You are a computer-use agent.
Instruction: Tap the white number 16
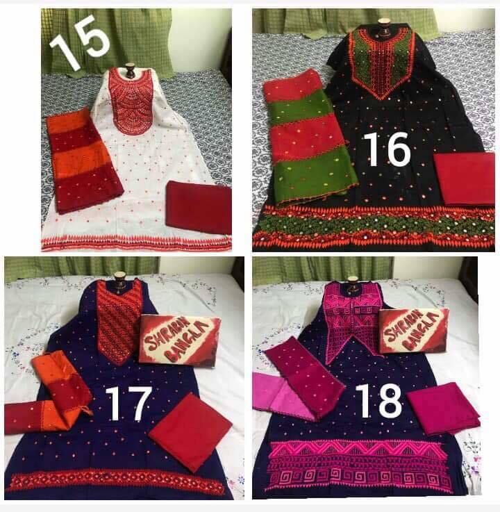tap(387, 149)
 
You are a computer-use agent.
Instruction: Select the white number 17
tap(129, 403)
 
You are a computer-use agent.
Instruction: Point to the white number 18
tap(378, 400)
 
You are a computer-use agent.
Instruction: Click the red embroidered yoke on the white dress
tap(131, 101)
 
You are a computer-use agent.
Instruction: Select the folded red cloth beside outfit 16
tap(465, 179)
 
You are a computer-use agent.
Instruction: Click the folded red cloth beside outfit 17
tap(190, 431)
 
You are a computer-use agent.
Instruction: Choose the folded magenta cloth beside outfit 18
tap(443, 408)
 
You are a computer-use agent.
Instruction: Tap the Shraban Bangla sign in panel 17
tap(180, 340)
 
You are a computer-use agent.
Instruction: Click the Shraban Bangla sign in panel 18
tap(413, 331)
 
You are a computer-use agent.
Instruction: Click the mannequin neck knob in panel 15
tap(131, 71)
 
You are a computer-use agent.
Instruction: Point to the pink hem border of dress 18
tap(359, 468)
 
